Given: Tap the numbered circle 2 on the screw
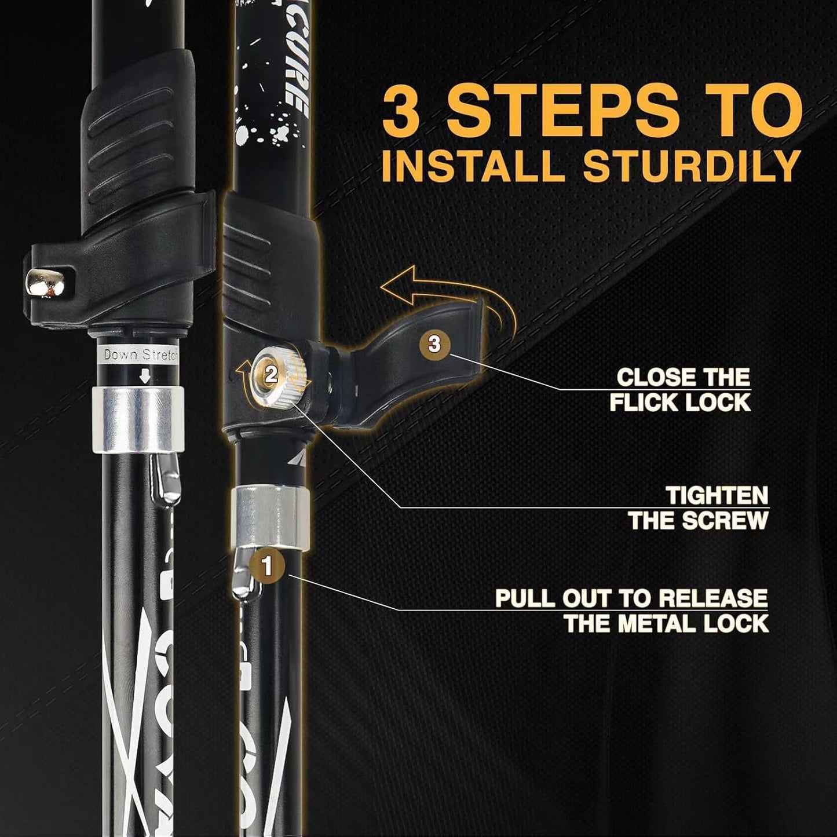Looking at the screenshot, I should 271,375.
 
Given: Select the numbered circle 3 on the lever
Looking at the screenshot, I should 434,343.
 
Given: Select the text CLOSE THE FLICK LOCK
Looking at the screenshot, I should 681,390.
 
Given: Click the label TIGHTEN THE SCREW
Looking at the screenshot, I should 698,508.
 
